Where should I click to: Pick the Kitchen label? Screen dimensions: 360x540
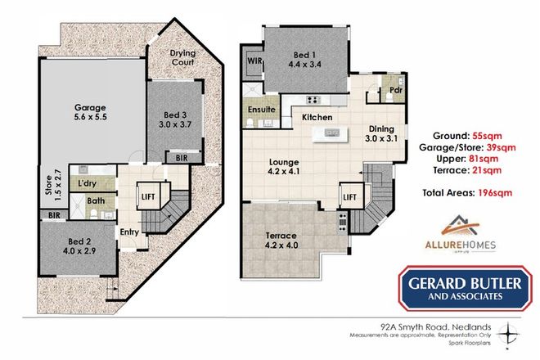[x=317, y=118]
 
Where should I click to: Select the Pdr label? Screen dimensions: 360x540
[x=394, y=90]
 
